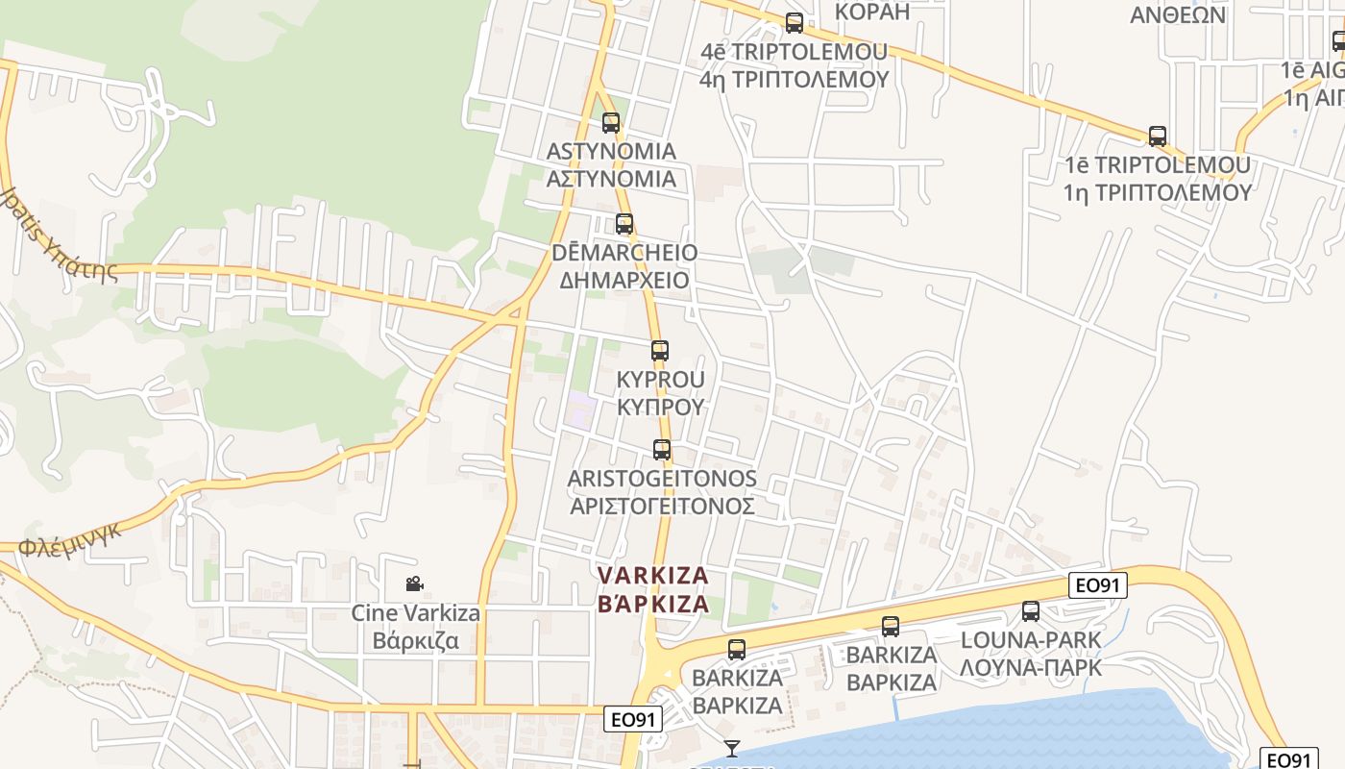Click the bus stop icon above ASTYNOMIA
click(x=611, y=123)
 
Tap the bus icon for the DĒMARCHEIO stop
click(x=624, y=224)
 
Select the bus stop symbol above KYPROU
click(x=659, y=351)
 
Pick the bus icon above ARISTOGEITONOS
click(x=661, y=449)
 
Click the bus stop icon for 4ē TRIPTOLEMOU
click(x=795, y=23)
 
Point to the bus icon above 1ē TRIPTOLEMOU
click(x=1158, y=136)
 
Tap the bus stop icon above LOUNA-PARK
click(x=1031, y=610)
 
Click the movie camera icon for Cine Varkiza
click(x=414, y=583)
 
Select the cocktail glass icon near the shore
click(x=732, y=748)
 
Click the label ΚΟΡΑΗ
click(x=872, y=12)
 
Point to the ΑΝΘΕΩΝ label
click(x=1178, y=15)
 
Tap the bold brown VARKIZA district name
click(x=653, y=575)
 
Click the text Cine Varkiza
click(x=415, y=613)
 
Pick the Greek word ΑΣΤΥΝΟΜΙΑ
click(x=611, y=179)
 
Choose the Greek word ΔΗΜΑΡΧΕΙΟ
click(x=624, y=280)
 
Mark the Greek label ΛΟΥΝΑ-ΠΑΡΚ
click(x=1031, y=667)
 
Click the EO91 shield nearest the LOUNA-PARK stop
click(x=1097, y=584)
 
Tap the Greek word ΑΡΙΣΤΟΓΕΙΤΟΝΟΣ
click(x=662, y=506)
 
